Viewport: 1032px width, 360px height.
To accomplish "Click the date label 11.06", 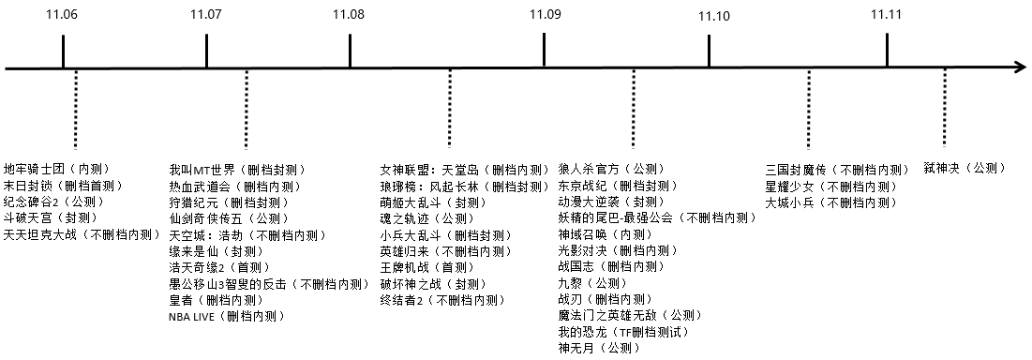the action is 63,15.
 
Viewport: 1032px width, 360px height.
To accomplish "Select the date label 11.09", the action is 545,14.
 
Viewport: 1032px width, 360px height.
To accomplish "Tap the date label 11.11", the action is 886,14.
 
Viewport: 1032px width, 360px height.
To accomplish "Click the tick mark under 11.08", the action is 350,52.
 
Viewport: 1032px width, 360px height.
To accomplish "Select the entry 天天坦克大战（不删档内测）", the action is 82,234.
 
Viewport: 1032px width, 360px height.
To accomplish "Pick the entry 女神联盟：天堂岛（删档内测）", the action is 464,170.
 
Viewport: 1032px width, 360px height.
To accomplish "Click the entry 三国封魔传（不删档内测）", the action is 837,170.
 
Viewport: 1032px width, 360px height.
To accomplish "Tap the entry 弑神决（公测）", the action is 971,167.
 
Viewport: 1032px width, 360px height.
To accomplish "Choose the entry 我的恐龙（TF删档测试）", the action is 623,332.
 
